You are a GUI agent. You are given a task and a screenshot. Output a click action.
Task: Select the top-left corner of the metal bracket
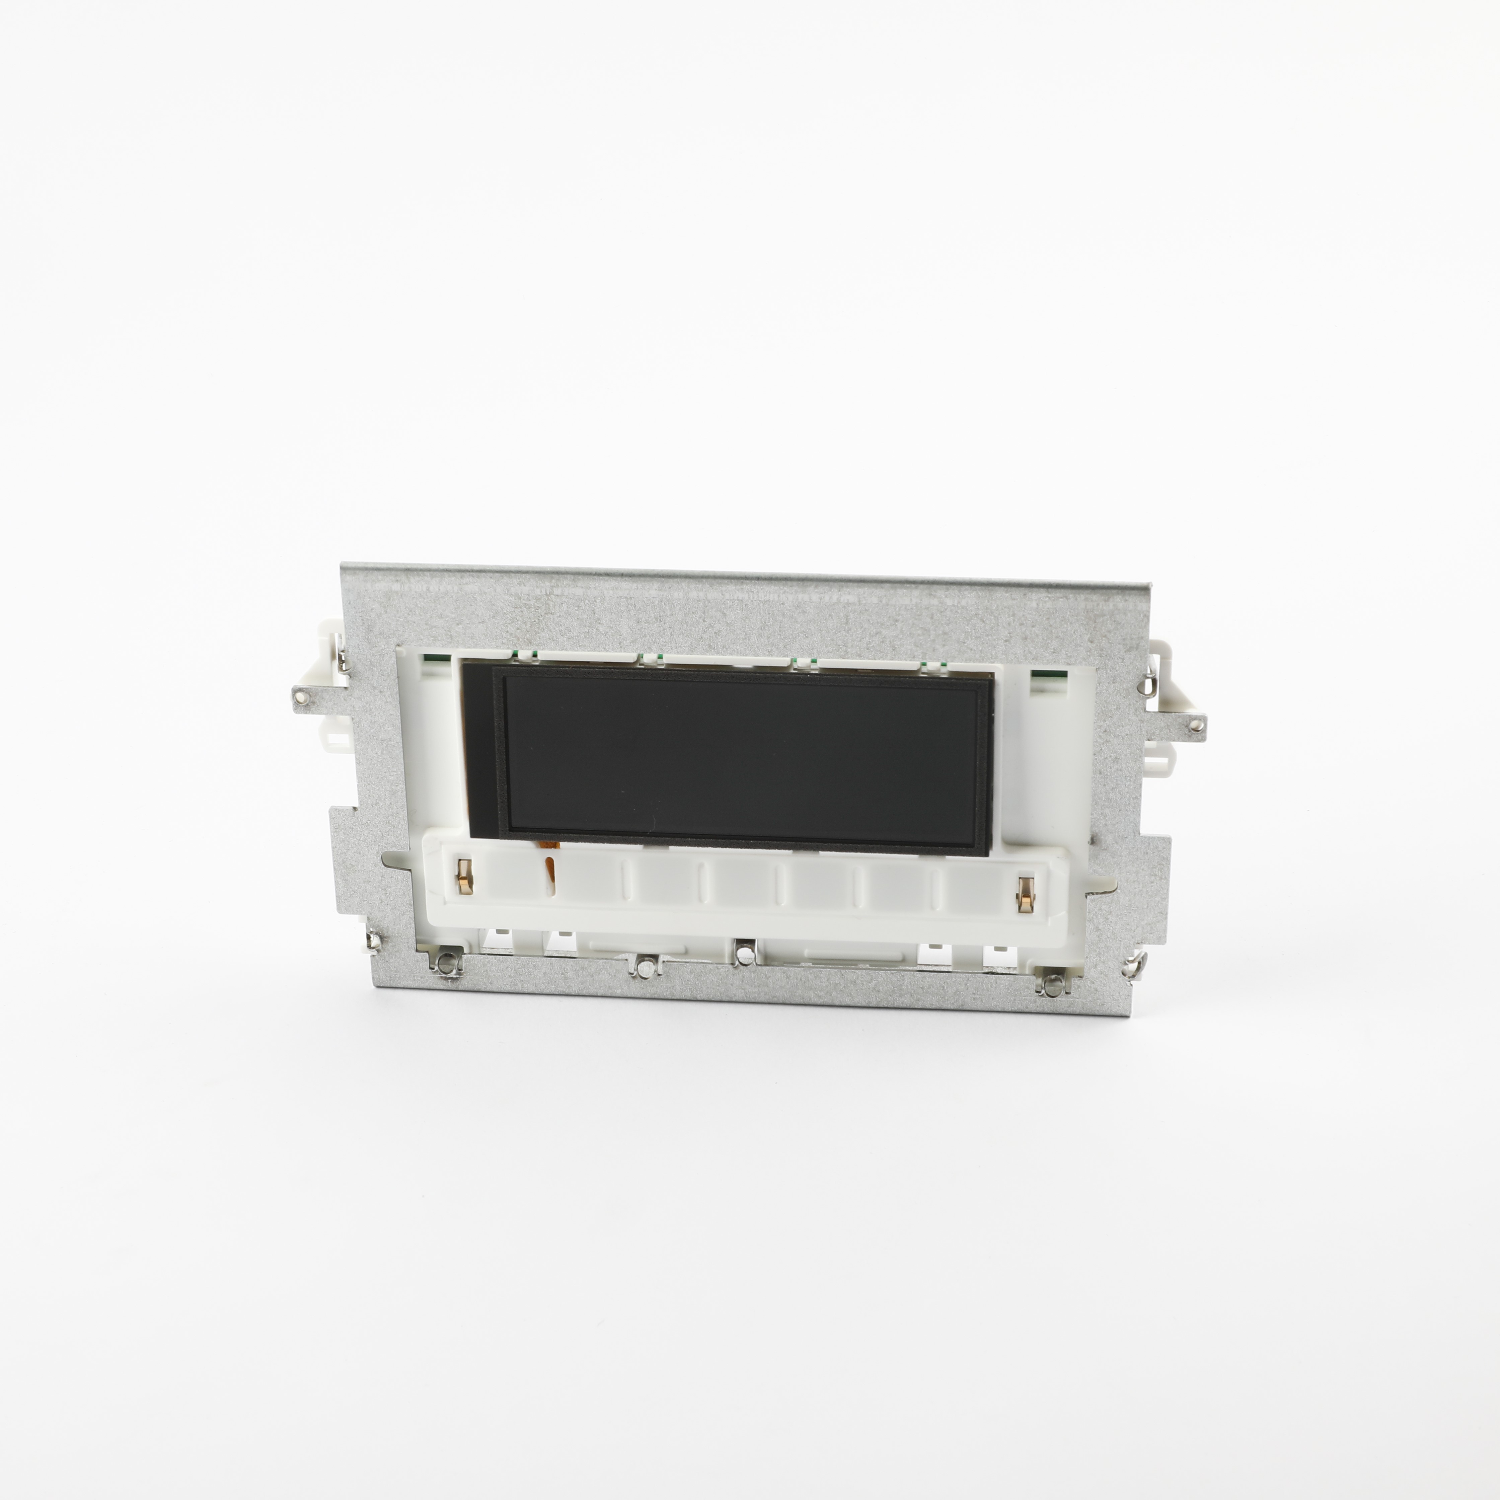pos(343,567)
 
